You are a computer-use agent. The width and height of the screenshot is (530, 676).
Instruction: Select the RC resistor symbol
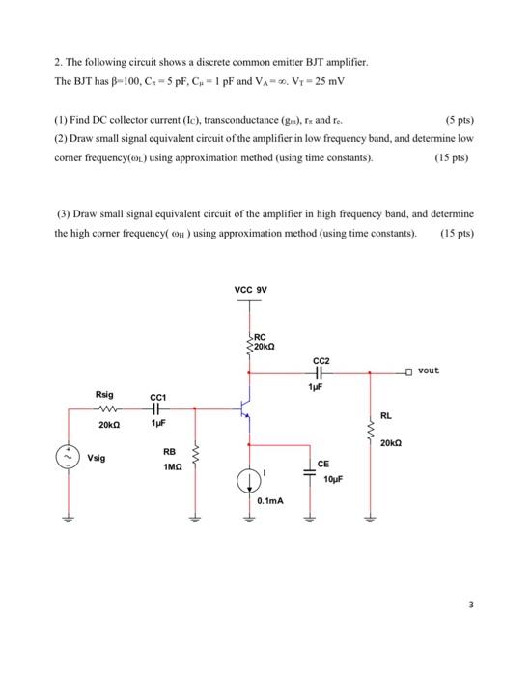pos(251,340)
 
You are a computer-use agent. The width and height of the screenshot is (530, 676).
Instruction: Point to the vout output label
pos(430,369)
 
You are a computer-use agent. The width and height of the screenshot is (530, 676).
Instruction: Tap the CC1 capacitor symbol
pos(158,408)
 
